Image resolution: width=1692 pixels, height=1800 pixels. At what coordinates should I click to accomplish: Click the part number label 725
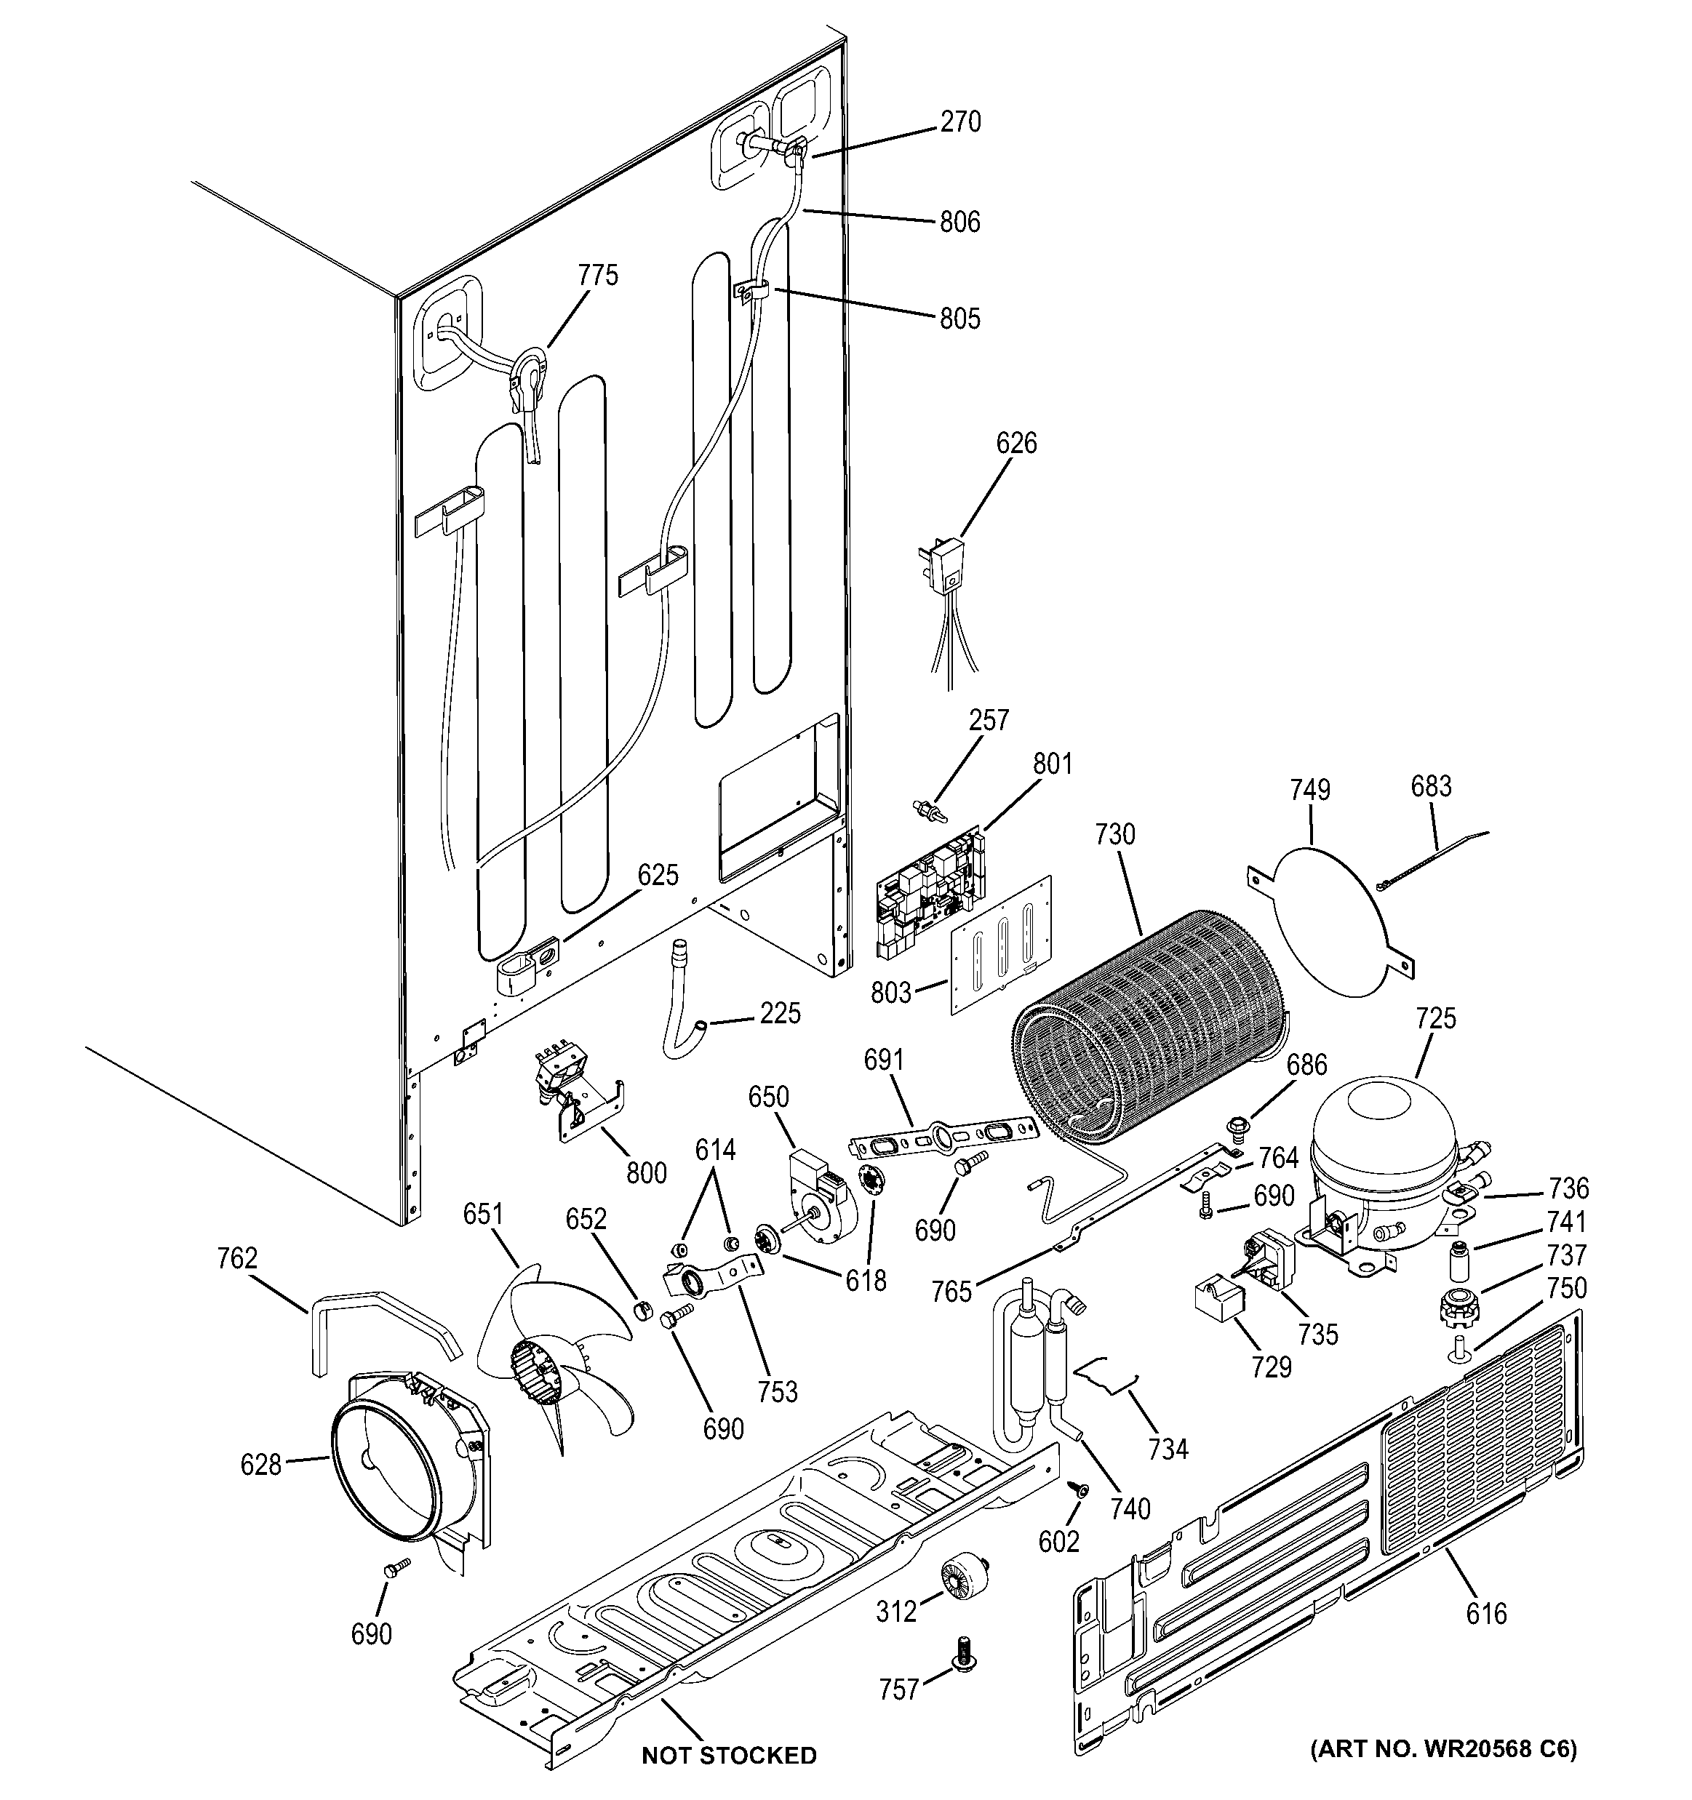point(1436,1019)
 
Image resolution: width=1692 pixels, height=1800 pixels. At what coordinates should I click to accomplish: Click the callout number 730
point(1114,834)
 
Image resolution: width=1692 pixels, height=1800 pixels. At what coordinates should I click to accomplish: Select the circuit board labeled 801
point(928,892)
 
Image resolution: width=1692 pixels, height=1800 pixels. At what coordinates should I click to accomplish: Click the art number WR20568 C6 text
point(1444,1773)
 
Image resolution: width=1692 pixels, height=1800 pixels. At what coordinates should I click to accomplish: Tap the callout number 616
point(1486,1612)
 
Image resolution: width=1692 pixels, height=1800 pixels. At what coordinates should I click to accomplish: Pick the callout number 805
point(959,318)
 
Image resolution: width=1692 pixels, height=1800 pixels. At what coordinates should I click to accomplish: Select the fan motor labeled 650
point(815,1195)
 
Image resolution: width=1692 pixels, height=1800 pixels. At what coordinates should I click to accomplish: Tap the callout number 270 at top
point(959,121)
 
